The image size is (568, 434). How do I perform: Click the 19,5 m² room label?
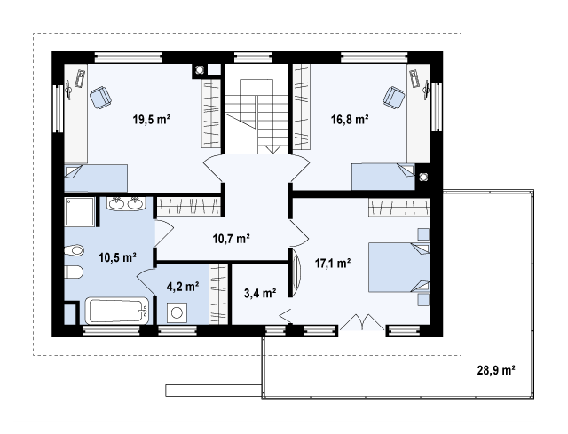(x=152, y=119)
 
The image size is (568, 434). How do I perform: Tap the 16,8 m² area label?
(x=350, y=119)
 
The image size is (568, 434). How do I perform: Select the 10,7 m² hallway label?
(x=232, y=239)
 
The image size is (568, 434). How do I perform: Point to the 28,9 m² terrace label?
(x=496, y=370)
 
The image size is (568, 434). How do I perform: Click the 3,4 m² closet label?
(x=260, y=293)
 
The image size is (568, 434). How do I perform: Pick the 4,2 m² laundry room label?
(x=183, y=287)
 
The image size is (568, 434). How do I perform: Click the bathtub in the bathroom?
(x=117, y=311)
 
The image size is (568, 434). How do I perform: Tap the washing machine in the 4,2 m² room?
(x=177, y=312)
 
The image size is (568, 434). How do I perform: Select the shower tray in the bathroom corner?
(x=80, y=211)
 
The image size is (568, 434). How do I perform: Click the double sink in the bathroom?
(x=126, y=203)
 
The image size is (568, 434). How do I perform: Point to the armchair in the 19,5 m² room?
(x=100, y=98)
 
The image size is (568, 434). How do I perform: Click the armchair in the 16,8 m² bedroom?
(x=394, y=98)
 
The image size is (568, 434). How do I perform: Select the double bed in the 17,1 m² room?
(x=399, y=267)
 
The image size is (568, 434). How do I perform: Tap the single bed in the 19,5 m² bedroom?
(x=96, y=178)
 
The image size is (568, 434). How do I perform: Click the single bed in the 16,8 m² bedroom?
(x=383, y=177)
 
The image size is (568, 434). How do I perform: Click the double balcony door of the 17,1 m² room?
(x=362, y=322)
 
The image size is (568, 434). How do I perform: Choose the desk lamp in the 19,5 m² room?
(x=68, y=90)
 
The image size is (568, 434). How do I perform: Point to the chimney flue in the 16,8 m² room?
(x=422, y=177)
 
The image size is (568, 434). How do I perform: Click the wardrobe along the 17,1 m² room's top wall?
(x=399, y=207)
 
